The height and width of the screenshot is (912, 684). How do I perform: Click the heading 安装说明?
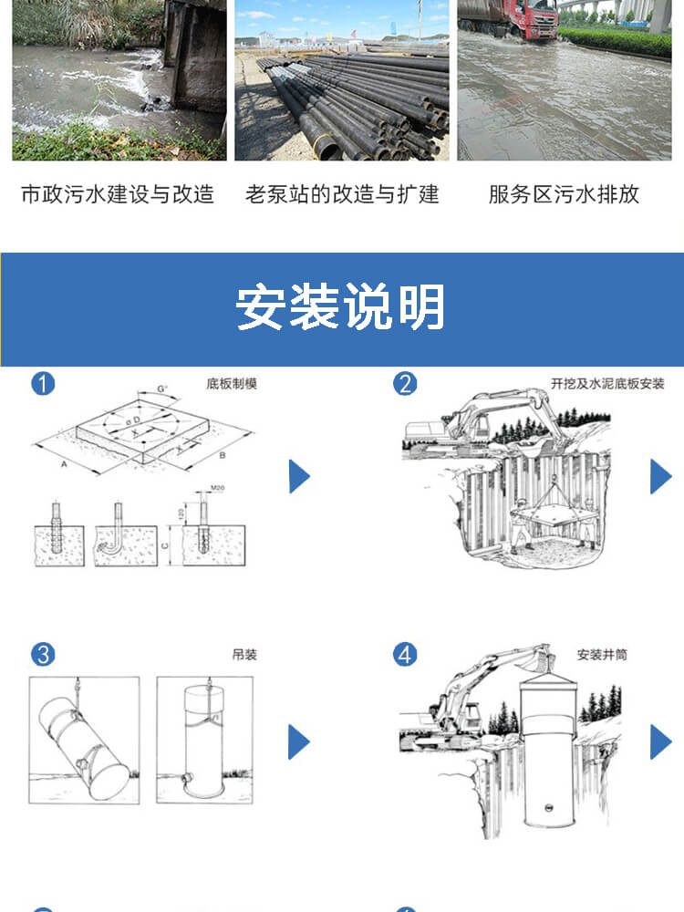point(341,307)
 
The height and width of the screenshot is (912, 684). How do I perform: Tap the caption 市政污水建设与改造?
point(118,194)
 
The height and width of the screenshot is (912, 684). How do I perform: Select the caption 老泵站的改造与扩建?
point(342,194)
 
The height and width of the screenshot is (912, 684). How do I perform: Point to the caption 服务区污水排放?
point(564,194)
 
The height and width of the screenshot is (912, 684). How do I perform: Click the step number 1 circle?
point(43,383)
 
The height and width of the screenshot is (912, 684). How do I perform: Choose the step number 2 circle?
point(405,383)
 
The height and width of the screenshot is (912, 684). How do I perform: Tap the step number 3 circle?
point(43,654)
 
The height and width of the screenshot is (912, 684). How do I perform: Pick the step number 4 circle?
point(405,654)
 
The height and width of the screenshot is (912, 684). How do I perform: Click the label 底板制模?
point(233,384)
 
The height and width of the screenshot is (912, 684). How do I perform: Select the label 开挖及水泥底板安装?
point(607,384)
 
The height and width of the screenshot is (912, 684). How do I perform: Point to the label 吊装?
point(244,655)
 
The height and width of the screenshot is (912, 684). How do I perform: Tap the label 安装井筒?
point(602,655)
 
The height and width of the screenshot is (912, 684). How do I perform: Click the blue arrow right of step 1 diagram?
point(299,477)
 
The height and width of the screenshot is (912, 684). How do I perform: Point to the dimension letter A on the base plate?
point(65,462)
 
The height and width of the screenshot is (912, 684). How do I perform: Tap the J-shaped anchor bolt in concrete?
point(119,534)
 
